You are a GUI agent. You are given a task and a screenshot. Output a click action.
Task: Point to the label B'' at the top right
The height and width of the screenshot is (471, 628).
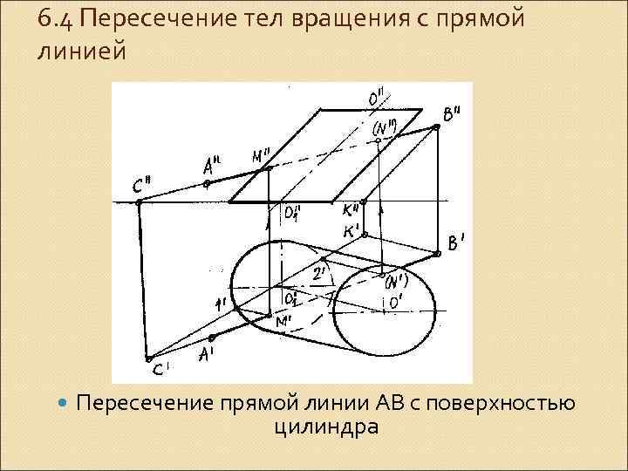coord(453,114)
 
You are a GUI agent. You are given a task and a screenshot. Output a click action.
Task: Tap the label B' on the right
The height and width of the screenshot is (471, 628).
coord(457,245)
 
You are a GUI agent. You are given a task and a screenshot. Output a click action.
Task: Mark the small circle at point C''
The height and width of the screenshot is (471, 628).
coord(139,201)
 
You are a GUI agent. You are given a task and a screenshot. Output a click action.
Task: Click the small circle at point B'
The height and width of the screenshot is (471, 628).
coord(436,254)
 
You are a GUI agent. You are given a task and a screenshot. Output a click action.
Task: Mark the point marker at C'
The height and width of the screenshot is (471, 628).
coord(148,358)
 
